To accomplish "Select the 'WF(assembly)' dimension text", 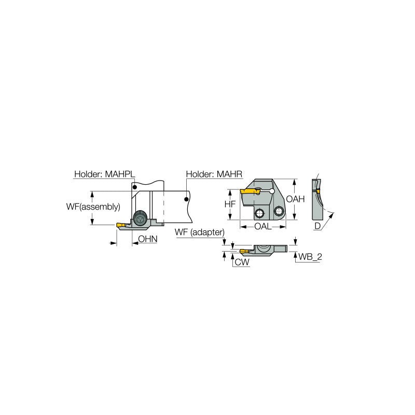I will point(93,206).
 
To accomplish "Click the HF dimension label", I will point(230,204).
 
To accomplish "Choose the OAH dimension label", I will point(295,199).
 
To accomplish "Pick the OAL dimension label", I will point(264,227).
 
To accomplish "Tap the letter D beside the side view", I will point(317,226).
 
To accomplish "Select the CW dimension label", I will point(242,262).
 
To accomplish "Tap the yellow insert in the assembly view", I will point(121,225).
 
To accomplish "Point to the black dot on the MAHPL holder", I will point(134,187).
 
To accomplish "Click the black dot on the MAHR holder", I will point(185,198).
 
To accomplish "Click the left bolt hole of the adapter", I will point(259,213).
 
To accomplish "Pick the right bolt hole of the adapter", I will point(279,211).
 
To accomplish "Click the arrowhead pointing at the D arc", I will point(333,213).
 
